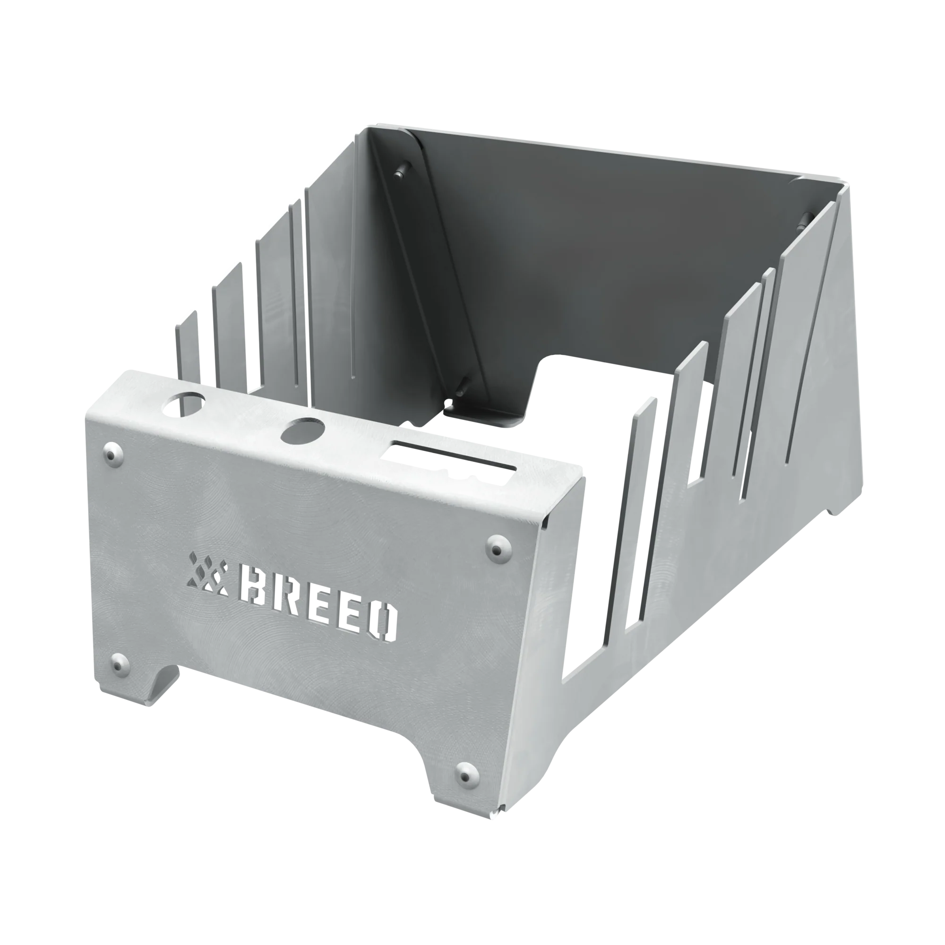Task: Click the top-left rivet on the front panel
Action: (114, 455)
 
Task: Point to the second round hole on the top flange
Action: (303, 431)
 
